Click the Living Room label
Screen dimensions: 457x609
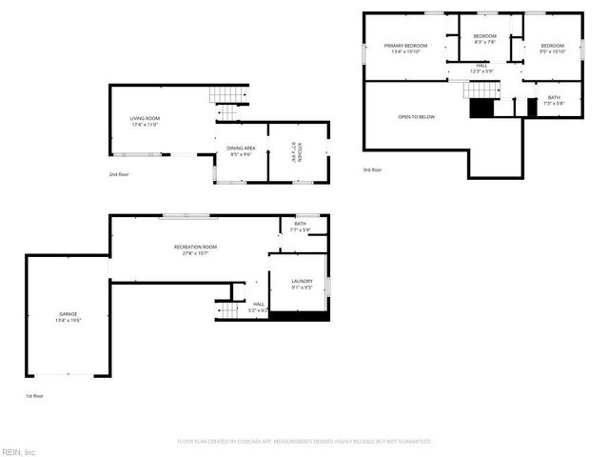[x=145, y=122]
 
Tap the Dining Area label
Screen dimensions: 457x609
[x=240, y=150]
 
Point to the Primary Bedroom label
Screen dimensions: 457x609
[x=405, y=49]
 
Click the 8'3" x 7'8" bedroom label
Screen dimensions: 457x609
[x=485, y=39]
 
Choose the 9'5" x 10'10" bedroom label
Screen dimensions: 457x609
[x=553, y=49]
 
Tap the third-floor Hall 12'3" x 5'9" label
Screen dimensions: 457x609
[x=481, y=69]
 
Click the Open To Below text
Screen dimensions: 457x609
[x=416, y=117]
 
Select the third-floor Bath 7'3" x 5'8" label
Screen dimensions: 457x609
[x=553, y=101]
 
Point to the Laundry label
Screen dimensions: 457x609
[x=303, y=284]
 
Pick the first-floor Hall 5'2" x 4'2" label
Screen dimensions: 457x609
[x=258, y=307]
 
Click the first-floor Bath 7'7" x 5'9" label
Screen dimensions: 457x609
[x=300, y=227]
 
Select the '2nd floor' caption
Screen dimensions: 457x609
[x=119, y=175]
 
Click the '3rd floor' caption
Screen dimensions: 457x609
[x=372, y=169]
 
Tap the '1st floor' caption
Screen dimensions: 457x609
[x=34, y=395]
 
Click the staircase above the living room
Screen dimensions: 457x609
[x=227, y=95]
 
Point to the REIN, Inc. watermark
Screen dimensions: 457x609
[x=18, y=451]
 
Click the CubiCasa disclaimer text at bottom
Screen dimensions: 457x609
[x=304, y=442]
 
